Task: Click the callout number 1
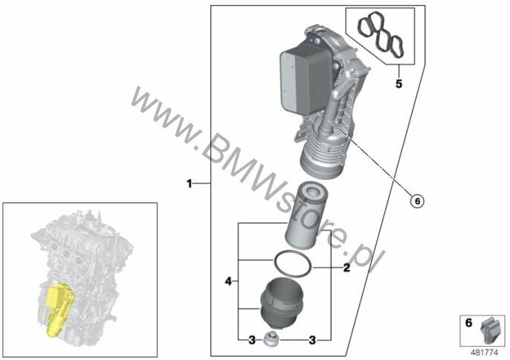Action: [190, 184]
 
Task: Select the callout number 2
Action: [346, 268]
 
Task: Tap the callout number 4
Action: [228, 281]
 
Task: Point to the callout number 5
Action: [398, 83]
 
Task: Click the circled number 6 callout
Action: [417, 201]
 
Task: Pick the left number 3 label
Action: [252, 341]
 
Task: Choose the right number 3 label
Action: [312, 341]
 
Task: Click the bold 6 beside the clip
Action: [468, 323]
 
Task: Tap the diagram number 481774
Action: [485, 352]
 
